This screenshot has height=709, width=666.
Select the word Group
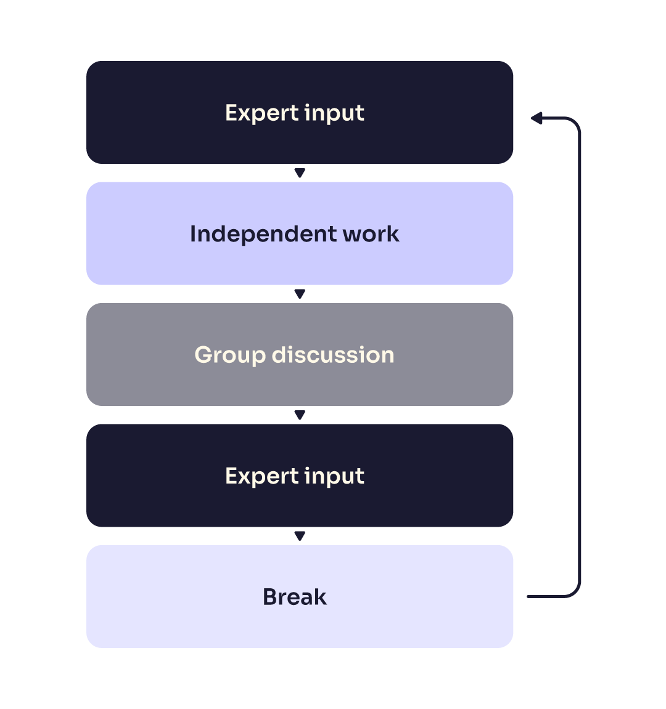pos(230,355)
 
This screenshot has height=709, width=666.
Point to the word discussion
pos(333,355)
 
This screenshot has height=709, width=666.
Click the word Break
pos(295,597)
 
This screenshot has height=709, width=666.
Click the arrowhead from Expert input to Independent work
pos(300,173)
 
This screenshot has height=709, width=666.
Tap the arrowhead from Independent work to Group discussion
pos(300,294)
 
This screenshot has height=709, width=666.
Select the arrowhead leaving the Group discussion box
pos(300,415)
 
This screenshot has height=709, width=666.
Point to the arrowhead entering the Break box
pos(300,537)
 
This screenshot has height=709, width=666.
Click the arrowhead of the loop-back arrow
pos(536,118)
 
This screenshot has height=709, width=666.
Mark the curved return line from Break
pos(580,357)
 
